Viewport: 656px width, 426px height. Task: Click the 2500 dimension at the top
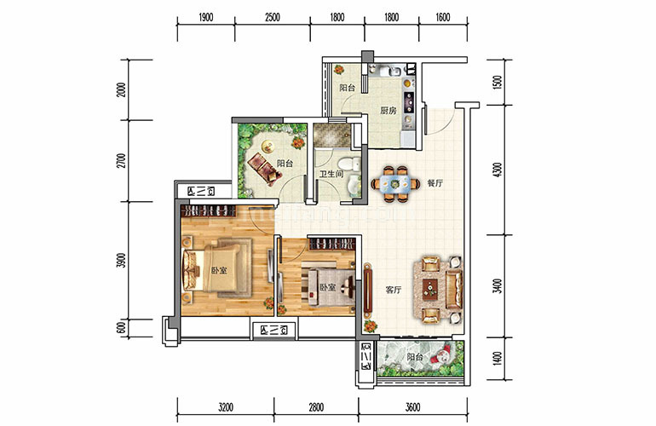click(272, 18)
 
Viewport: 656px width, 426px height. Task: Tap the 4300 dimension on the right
click(497, 169)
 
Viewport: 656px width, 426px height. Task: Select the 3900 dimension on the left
click(121, 261)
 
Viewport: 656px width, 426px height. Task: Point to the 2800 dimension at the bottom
click(316, 406)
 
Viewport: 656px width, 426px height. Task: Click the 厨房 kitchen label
click(388, 111)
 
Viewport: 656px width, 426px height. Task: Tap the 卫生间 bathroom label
click(331, 174)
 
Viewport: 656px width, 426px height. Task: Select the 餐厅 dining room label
click(434, 183)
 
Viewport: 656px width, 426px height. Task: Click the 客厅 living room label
click(394, 290)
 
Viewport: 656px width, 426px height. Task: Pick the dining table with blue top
click(395, 183)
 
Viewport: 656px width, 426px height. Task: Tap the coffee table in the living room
click(429, 288)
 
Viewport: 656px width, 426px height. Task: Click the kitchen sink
click(393, 71)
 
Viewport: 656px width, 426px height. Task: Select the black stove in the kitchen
click(409, 102)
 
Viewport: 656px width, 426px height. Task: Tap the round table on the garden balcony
click(268, 146)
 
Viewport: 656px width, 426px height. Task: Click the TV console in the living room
click(368, 290)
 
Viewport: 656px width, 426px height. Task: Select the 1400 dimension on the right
click(497, 359)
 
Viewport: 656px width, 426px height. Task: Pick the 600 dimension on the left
click(121, 328)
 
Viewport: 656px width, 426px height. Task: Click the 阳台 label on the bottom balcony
click(415, 357)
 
